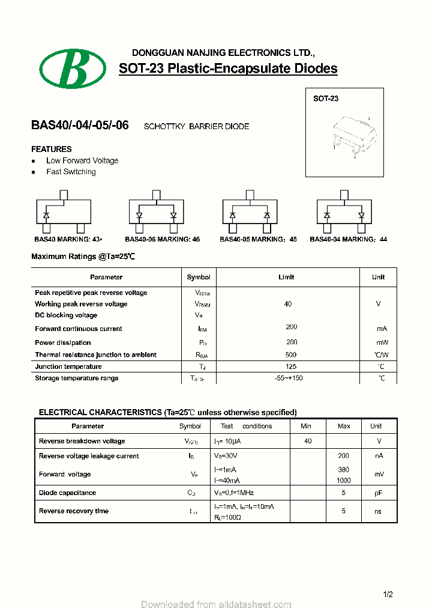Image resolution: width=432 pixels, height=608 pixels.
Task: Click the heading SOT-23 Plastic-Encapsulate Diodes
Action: tap(228, 68)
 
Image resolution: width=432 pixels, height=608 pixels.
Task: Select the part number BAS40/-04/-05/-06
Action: tap(80, 126)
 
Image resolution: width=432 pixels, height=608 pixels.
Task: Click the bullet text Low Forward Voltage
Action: tap(82, 160)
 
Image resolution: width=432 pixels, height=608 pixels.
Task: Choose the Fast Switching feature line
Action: tap(71, 172)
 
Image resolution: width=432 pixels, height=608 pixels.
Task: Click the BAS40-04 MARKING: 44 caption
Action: tap(348, 239)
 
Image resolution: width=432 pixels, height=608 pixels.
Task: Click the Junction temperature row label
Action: tap(68, 366)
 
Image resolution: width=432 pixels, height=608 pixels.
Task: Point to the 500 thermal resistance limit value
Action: tap(291, 355)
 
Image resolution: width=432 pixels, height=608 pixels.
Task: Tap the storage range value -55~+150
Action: tap(288, 378)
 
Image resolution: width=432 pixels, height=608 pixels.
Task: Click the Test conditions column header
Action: tap(246, 426)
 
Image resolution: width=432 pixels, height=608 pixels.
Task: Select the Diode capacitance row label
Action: tap(67, 493)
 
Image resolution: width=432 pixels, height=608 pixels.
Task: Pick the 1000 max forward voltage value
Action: tap(344, 481)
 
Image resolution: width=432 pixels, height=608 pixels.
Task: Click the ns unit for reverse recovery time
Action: tap(378, 511)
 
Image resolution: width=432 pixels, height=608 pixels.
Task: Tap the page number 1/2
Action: tap(388, 595)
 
